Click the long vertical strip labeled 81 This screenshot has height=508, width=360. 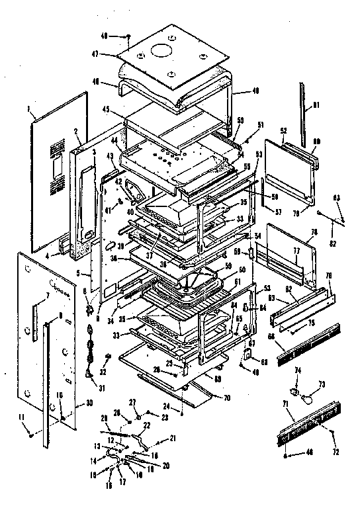306,116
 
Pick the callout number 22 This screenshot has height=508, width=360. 147,425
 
